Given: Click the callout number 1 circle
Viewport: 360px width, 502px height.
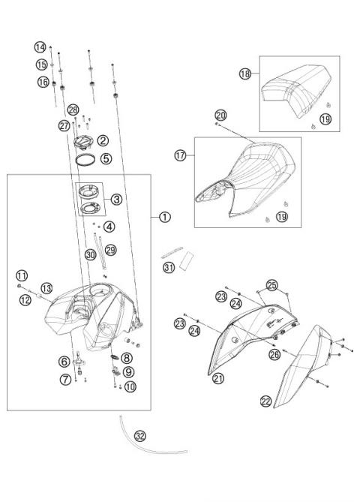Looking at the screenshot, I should pyautogui.click(x=164, y=217).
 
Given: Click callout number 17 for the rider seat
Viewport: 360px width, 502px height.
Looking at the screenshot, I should pyautogui.click(x=180, y=155).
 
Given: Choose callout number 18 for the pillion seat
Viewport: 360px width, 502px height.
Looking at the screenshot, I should pyautogui.click(x=245, y=74).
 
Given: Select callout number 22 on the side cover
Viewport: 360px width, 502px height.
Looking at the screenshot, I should pyautogui.click(x=265, y=401).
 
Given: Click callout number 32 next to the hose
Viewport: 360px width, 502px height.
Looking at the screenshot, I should pyautogui.click(x=139, y=435).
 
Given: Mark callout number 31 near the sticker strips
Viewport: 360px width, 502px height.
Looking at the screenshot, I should pyautogui.click(x=169, y=266).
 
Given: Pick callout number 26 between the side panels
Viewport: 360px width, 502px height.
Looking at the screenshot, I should pyautogui.click(x=274, y=354).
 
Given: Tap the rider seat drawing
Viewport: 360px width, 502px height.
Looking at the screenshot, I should pyautogui.click(x=247, y=180).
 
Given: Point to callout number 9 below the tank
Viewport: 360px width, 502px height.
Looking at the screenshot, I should pyautogui.click(x=128, y=371).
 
